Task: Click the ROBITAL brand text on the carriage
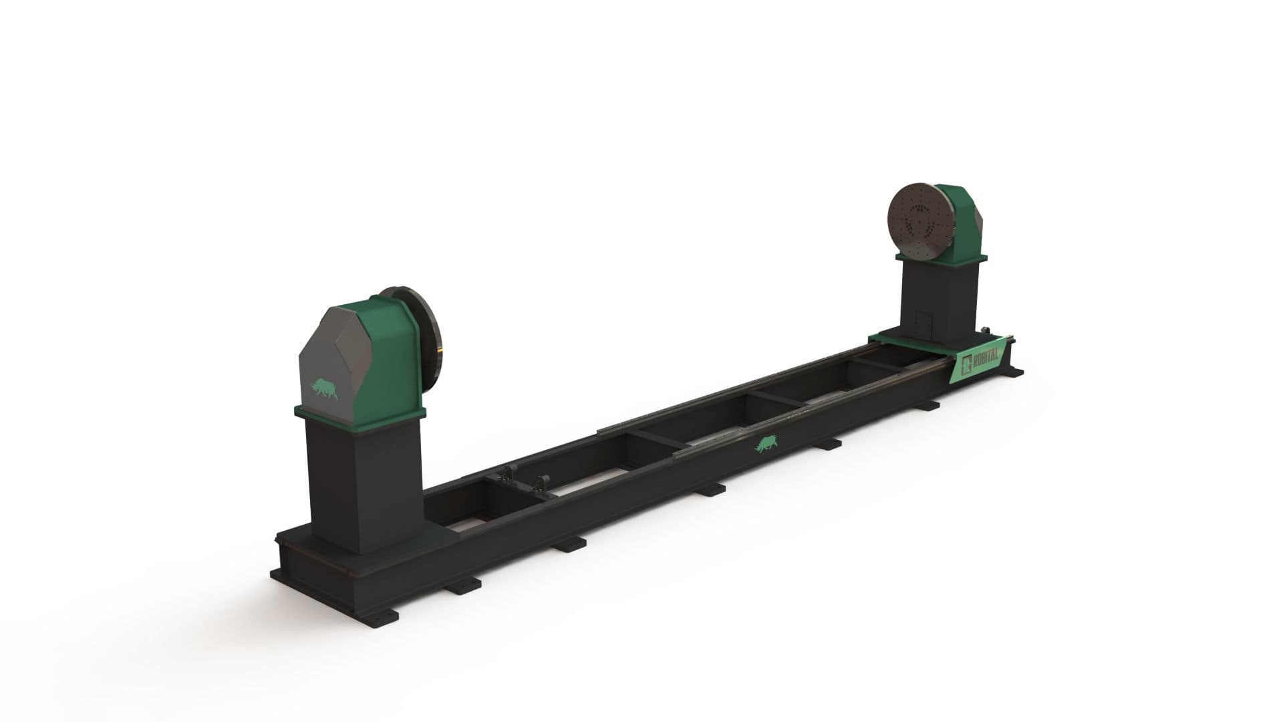click(x=985, y=359)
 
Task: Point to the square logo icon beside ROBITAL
click(x=966, y=365)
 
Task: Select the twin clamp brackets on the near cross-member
click(x=518, y=479)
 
